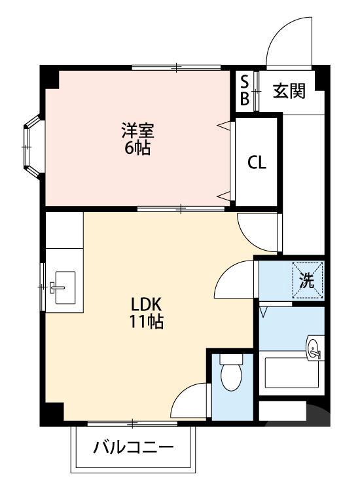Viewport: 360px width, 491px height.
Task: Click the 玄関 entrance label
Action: pos(289,91)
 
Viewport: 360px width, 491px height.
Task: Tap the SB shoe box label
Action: pos(244,90)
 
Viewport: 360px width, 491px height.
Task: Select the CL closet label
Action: pos(257,162)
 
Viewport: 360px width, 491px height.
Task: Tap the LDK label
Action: pos(146,304)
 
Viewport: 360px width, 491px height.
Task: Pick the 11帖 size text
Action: pos(146,322)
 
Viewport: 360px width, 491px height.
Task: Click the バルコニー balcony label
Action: pos(133,448)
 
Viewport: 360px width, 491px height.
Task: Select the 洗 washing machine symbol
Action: pos(308,280)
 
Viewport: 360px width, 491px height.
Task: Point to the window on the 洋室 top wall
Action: pos(177,67)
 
